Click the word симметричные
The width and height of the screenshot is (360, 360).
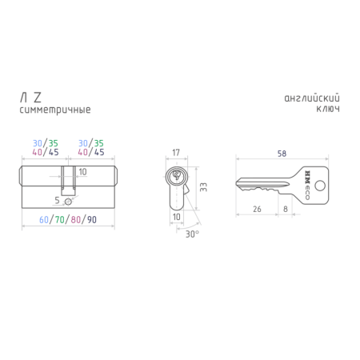pyautogui.click(x=55, y=110)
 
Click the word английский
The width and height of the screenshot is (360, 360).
pyautogui.click(x=312, y=98)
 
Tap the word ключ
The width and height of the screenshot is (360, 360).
pyautogui.click(x=328, y=109)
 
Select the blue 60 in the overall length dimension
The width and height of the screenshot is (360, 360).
pyautogui.click(x=44, y=220)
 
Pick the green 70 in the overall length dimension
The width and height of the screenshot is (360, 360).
pyautogui.click(x=60, y=220)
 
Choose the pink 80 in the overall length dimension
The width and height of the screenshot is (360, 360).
pyautogui.click(x=76, y=220)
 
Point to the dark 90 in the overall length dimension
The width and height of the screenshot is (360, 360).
pyautogui.click(x=92, y=220)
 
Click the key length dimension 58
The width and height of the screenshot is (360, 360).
pyautogui.click(x=282, y=154)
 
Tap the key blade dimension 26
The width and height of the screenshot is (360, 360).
pyautogui.click(x=257, y=209)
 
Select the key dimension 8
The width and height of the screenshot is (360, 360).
pyautogui.click(x=286, y=209)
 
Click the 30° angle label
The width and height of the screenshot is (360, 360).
pyautogui.click(x=192, y=234)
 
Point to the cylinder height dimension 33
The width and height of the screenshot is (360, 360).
pyautogui.click(x=203, y=187)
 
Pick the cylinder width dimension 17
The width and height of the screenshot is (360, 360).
pyautogui.click(x=176, y=153)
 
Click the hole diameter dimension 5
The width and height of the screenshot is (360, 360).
pyautogui.click(x=57, y=200)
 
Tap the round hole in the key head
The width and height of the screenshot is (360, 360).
pyautogui.click(x=320, y=186)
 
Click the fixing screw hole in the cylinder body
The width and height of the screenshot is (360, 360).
pyautogui.click(x=68, y=202)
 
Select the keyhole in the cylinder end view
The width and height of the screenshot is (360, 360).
pyautogui.click(x=176, y=175)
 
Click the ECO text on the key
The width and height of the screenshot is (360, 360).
pyautogui.click(x=307, y=194)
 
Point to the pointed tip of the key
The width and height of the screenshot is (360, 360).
pyautogui.click(x=236, y=183)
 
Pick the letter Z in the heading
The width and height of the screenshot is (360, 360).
pyautogui.click(x=38, y=98)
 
